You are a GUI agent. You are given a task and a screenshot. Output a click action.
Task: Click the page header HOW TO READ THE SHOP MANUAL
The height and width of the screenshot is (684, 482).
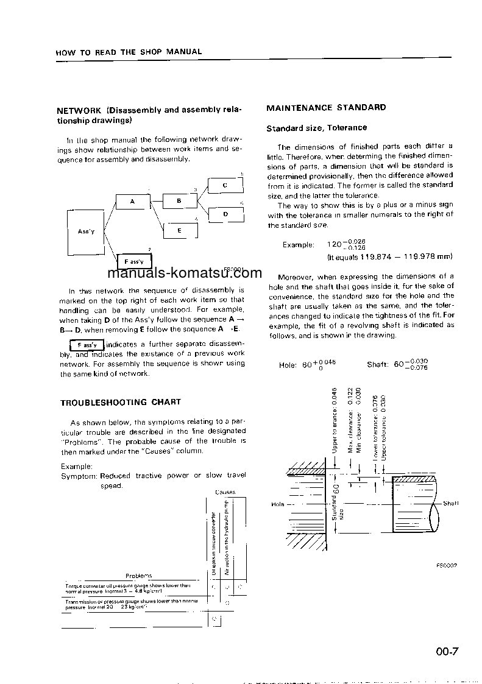129,52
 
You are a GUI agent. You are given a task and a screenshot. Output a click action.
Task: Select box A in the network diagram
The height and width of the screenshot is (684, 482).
133,201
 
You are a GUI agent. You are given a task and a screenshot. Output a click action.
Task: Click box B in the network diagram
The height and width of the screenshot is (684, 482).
180,200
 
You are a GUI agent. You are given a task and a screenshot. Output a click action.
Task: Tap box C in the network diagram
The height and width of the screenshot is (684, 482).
225,185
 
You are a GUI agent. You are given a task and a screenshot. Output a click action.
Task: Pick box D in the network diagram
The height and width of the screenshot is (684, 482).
225,214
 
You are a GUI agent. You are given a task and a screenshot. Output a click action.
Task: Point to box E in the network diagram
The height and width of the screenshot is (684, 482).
180,231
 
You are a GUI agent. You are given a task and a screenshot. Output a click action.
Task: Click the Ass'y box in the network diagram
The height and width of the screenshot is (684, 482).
86,231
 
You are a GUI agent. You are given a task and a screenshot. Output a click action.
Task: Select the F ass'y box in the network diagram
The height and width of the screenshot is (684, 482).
133,262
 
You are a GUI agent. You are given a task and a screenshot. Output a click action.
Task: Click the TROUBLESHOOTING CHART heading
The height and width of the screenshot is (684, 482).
121,403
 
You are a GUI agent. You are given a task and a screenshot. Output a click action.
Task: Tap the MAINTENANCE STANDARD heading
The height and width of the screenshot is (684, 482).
326,108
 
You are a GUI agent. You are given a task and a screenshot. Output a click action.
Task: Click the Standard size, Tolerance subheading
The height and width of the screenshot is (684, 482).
316,128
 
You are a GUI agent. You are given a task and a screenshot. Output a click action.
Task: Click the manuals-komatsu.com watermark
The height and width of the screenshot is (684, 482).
183,273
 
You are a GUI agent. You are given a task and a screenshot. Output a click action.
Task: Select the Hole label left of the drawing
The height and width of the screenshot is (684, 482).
277,504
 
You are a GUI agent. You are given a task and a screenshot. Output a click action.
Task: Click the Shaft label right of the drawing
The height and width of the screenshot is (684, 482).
450,503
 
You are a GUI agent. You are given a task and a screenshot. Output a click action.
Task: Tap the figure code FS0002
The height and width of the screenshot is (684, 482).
446,565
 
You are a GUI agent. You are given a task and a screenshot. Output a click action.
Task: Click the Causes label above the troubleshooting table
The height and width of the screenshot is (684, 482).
225,492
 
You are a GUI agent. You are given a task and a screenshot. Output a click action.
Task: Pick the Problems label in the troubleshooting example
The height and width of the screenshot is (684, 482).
139,576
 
